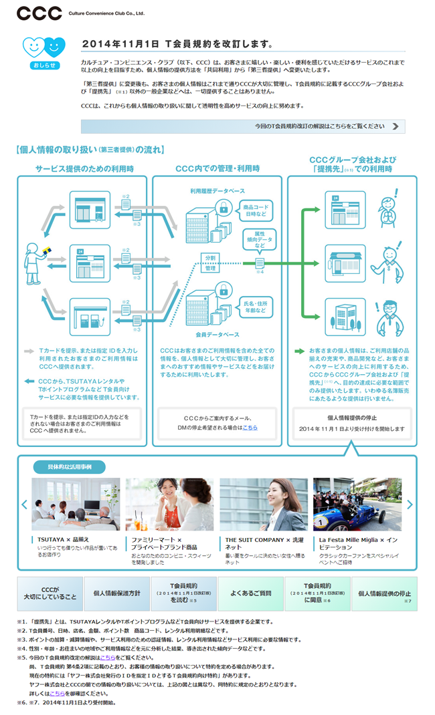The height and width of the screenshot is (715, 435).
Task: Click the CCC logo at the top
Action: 39,13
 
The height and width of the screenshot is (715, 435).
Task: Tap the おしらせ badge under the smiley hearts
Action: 44,65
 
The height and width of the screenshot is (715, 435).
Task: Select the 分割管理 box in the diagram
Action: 210,263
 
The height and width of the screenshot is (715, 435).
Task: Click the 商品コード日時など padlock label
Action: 255,210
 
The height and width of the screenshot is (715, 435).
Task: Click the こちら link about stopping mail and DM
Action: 250,427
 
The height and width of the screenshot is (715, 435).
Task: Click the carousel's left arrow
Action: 25,505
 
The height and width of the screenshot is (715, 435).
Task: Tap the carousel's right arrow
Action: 410,505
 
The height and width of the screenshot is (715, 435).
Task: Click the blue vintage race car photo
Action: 357,504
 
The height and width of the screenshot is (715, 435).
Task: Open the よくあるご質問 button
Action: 250,593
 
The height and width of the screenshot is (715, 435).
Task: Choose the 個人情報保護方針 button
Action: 117,593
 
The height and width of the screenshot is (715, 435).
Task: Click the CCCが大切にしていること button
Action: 50,593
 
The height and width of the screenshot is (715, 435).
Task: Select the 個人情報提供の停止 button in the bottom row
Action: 384,593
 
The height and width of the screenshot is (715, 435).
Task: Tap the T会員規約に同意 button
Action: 317,593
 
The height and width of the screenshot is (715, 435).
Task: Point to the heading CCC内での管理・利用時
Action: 217,168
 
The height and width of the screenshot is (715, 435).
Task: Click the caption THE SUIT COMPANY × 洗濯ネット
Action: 265,542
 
